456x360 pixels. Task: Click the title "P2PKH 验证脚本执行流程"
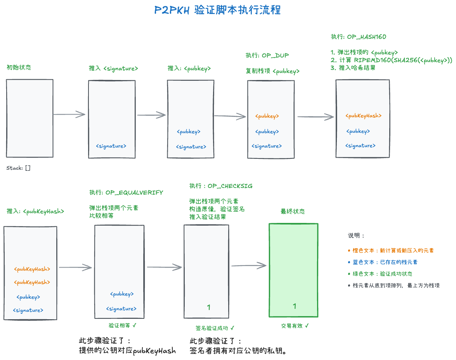click(x=217, y=10)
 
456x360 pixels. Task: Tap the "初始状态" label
click(x=19, y=67)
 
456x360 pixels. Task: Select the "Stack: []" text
click(x=18, y=168)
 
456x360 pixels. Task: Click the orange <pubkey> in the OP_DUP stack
click(x=267, y=116)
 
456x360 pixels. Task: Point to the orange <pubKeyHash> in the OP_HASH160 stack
click(x=363, y=116)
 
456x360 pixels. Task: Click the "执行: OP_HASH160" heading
click(x=358, y=37)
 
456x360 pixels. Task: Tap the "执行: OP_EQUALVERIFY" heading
click(x=126, y=193)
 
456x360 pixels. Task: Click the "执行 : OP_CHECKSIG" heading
click(x=221, y=186)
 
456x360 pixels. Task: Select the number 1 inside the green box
click(x=294, y=306)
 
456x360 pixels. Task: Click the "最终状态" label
click(x=293, y=212)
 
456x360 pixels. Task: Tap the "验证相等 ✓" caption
click(x=122, y=325)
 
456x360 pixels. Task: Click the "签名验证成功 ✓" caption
click(x=215, y=328)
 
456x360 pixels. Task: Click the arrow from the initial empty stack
click(x=69, y=114)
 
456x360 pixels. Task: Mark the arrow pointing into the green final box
click(x=249, y=266)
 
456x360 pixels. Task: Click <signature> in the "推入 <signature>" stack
click(x=111, y=146)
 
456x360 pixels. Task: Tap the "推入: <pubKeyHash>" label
click(x=35, y=211)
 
